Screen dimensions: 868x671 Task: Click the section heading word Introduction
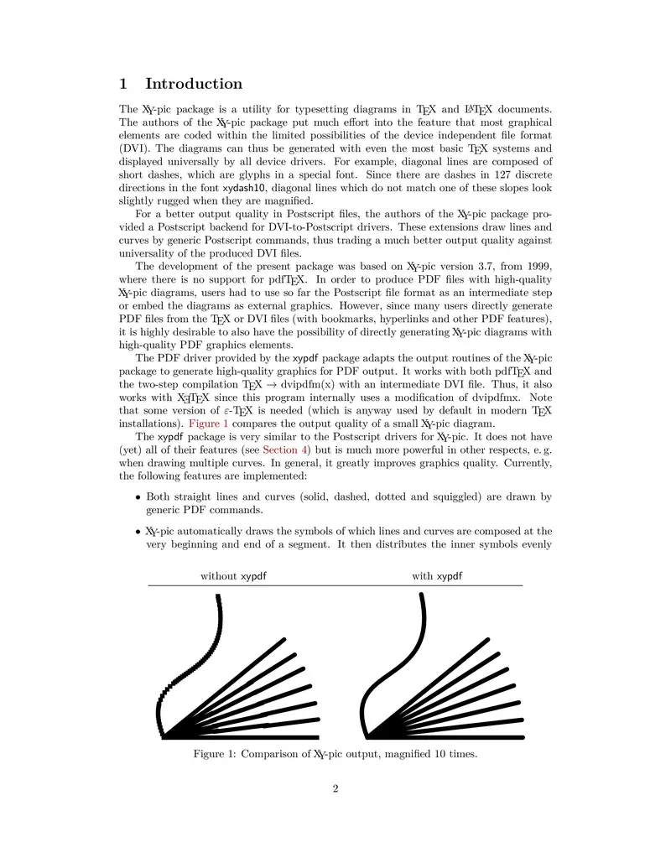coord(194,84)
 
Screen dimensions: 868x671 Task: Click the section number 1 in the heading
coord(123,84)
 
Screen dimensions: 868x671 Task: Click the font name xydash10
coord(245,190)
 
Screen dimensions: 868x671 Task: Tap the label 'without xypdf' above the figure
coord(239,576)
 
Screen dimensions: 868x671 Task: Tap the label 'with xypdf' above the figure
coord(437,576)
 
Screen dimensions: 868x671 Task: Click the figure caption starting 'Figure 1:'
coord(335,754)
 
